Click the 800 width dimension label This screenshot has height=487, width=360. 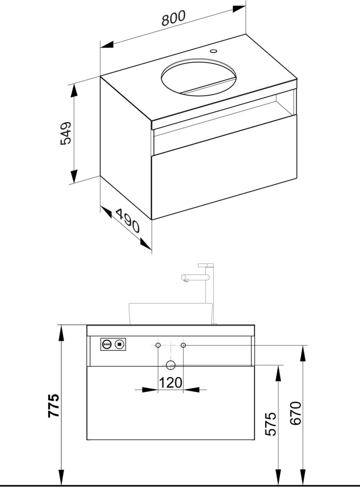(173, 18)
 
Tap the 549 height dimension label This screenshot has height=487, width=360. (66, 133)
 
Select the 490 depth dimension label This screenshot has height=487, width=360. (128, 221)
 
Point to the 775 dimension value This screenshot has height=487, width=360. (54, 405)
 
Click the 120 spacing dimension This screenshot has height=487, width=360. (171, 383)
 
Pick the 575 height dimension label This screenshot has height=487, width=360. (271, 424)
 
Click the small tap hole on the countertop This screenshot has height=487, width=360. (213, 51)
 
